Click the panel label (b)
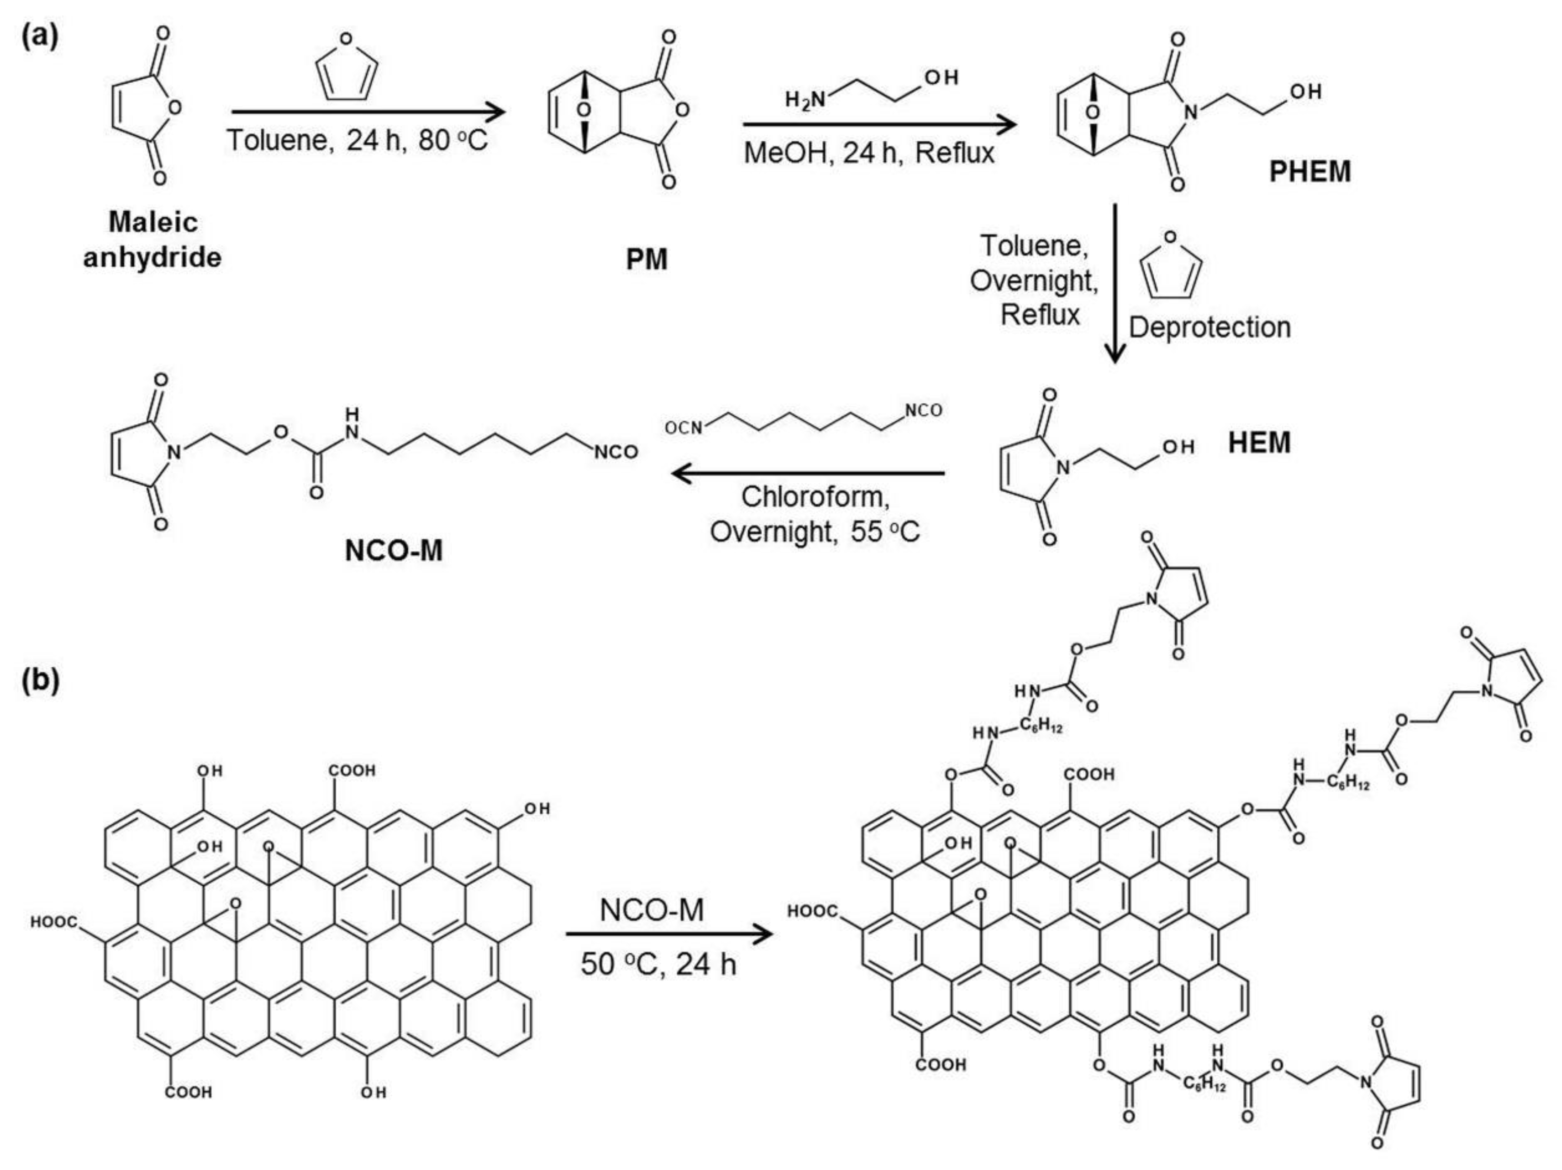(40, 680)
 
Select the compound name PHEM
(1310, 172)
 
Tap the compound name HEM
(1259, 443)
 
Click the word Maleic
(153, 222)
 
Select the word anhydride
(153, 258)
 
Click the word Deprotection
(1210, 327)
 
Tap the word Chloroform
(815, 497)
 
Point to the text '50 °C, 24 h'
(658, 963)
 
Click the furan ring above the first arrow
(346, 68)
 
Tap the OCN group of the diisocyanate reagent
(683, 427)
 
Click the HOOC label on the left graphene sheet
(54, 922)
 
